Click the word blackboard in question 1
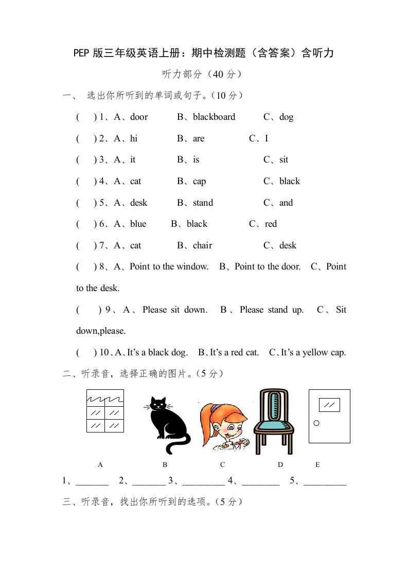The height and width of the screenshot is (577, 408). (214, 117)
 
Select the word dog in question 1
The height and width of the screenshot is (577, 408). (287, 117)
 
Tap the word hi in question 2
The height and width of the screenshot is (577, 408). (134, 138)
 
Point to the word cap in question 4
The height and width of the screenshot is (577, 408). (200, 182)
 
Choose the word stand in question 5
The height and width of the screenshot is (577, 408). (203, 203)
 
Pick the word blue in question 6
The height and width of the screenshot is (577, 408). (138, 224)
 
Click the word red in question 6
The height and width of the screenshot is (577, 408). (271, 224)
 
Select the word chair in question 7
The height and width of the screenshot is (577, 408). (202, 246)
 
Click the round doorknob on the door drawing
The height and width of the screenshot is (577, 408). (316, 423)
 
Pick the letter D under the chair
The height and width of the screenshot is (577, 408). (280, 465)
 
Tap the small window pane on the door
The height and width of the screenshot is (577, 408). (329, 405)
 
